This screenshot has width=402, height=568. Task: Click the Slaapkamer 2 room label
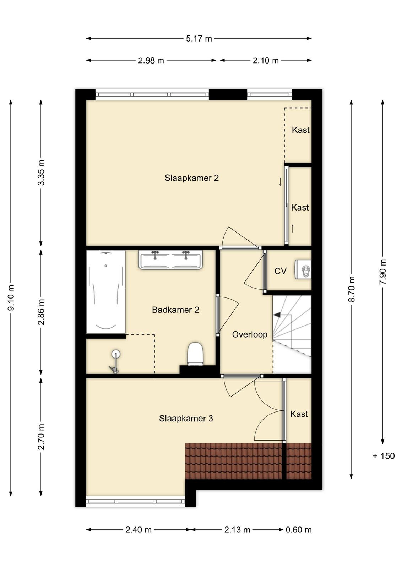(191, 178)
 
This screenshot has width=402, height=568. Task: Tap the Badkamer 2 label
(175, 310)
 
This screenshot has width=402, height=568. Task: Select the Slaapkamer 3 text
(186, 419)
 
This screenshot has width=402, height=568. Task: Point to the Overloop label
(250, 334)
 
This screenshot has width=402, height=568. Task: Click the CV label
(280, 271)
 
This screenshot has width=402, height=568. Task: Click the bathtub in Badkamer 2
(106, 292)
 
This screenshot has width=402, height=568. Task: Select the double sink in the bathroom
(170, 260)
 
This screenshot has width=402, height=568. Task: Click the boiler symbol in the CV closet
(303, 269)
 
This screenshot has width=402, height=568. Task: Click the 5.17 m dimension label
(199, 39)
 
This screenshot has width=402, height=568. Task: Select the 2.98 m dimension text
(151, 61)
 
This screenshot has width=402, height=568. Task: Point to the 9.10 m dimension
(11, 298)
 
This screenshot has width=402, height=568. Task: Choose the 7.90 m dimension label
(383, 272)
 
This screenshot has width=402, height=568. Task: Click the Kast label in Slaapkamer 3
(299, 414)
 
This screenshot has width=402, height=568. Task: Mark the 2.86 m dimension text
(41, 312)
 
